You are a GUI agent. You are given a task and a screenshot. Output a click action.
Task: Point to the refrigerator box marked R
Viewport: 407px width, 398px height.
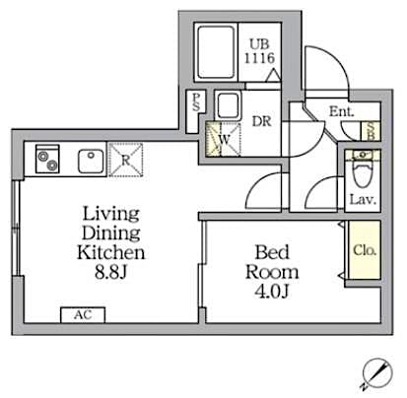click(126, 158)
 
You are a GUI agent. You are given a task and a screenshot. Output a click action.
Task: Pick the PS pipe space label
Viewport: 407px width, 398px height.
click(197, 101)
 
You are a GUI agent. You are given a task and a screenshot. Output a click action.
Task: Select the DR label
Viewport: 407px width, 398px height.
click(262, 124)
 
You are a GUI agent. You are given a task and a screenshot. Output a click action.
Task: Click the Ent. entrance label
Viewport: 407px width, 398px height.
click(342, 112)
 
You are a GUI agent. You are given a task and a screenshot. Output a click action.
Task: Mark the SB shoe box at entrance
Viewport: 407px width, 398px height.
click(370, 128)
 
